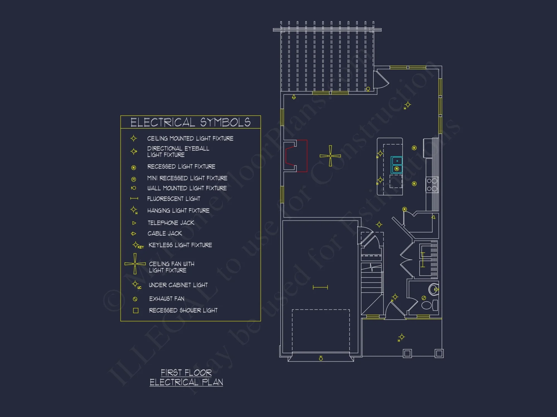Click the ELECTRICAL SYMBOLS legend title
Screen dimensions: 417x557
pos(190,122)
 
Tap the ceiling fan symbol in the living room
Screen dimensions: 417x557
pos(330,156)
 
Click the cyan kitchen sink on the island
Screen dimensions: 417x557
pos(397,165)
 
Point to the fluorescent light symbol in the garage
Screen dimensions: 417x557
pos(320,287)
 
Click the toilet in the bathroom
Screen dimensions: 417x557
pos(427,305)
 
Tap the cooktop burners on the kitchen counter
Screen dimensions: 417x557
pos(432,185)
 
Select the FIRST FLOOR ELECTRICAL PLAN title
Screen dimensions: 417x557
pos(186,377)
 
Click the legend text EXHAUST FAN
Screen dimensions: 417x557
pos(167,299)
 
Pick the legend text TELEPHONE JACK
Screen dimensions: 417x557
pos(171,223)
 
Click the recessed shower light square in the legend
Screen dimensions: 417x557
pos(136,311)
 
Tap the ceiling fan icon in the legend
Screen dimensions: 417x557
pos(135,264)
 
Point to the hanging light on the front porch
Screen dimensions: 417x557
pos(401,337)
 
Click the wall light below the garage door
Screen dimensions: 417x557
pos(321,358)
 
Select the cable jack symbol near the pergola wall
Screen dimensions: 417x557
pos(294,97)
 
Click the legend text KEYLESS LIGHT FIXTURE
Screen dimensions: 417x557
pos(180,245)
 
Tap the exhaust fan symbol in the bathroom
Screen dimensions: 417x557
pos(424,298)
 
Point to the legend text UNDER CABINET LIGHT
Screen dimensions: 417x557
pos(178,285)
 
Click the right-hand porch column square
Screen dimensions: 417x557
pos(439,353)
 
